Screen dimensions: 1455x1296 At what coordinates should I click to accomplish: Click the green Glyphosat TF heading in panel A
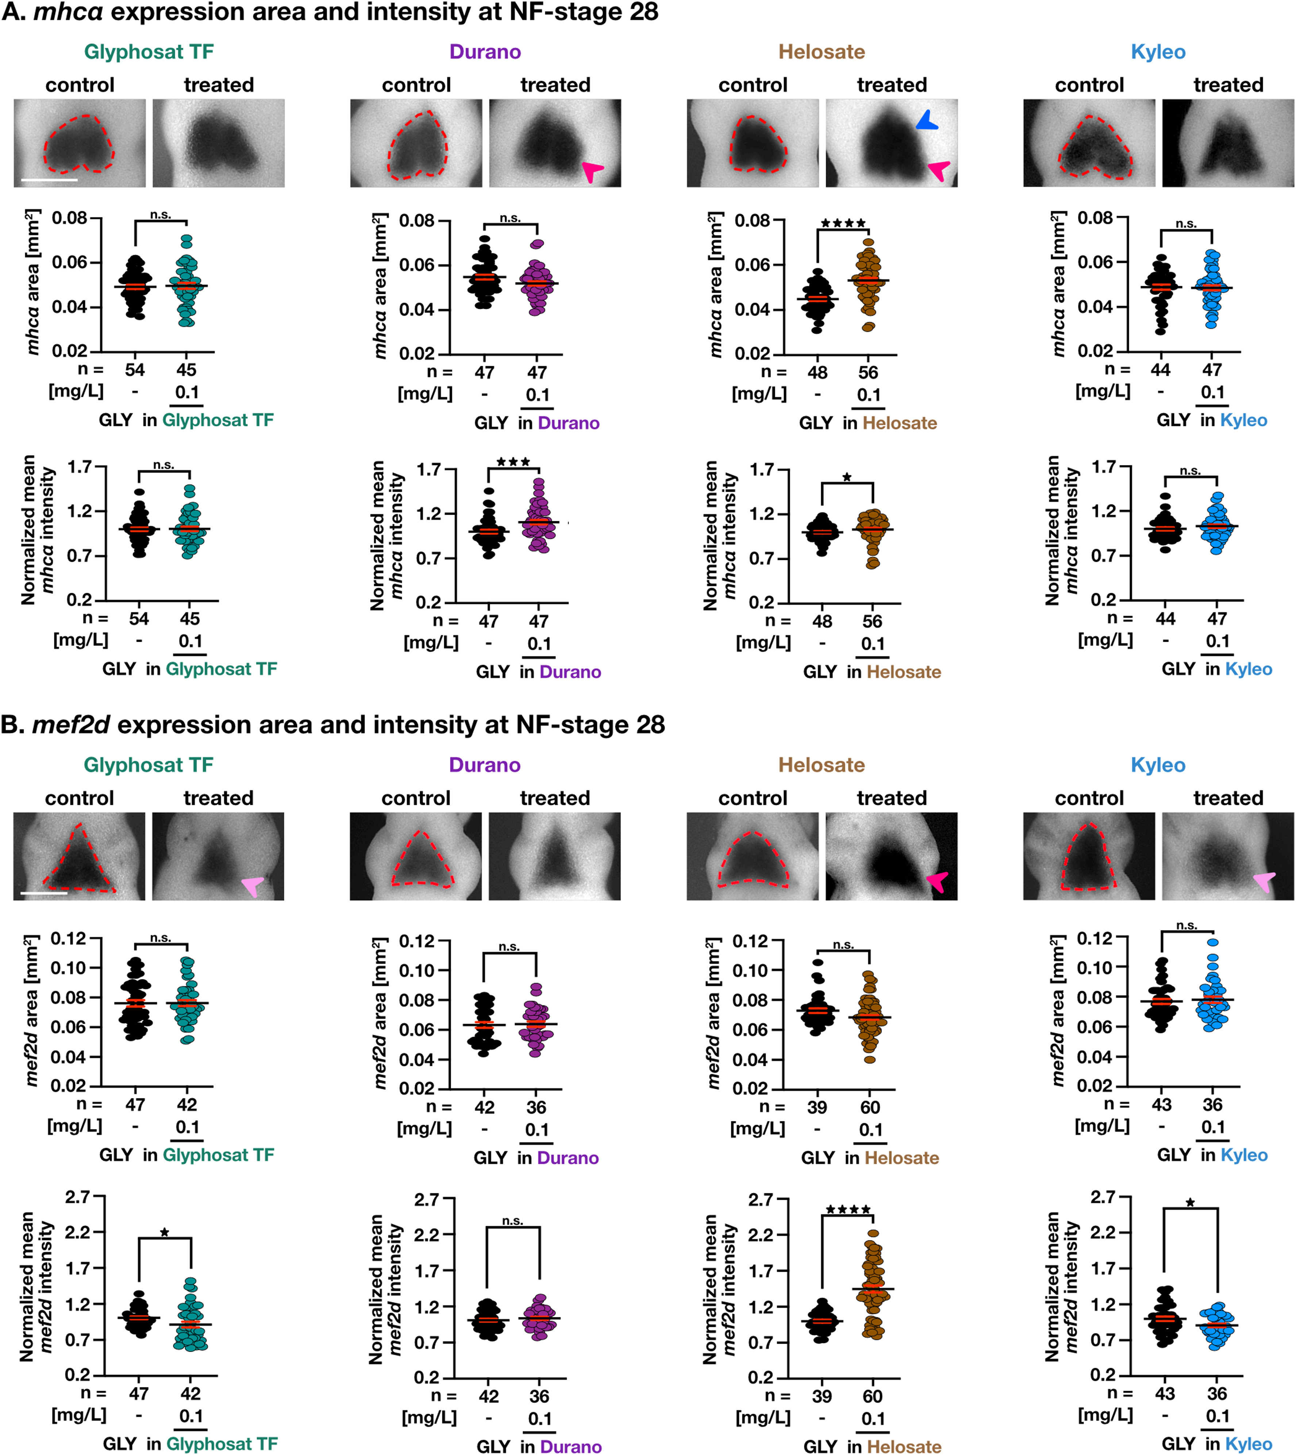[x=149, y=52]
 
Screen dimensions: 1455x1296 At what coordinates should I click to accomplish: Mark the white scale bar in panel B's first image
[x=44, y=892]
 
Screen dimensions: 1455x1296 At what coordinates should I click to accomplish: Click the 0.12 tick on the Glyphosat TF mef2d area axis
[x=68, y=938]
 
